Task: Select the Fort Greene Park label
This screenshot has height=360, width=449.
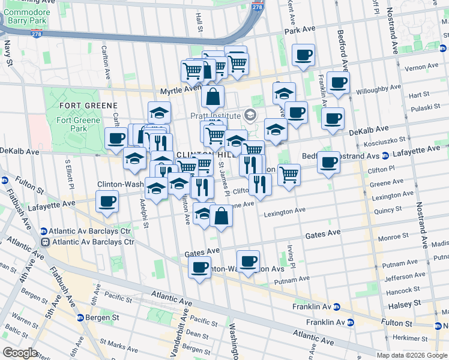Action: [72, 124]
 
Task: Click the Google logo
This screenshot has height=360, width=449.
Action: [20, 353]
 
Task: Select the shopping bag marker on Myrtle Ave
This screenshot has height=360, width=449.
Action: [212, 97]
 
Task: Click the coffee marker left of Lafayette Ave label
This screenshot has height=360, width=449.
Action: [107, 202]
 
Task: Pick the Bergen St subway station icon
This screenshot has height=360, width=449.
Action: [80, 317]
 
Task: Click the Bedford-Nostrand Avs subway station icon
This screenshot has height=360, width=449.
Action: [384, 156]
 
